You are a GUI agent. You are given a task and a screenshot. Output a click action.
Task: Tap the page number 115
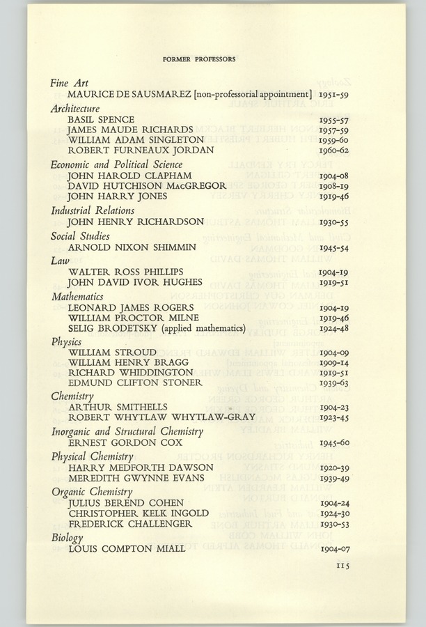[x=341, y=566]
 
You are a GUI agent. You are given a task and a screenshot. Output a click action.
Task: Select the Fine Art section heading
[x=69, y=83]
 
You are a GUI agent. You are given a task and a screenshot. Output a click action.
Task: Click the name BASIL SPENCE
[x=101, y=119]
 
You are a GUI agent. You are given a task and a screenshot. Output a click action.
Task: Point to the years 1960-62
[x=334, y=150]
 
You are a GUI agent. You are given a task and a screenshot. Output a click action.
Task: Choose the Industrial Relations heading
[x=90, y=210]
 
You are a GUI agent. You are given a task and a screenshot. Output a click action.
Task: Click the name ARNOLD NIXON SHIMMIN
[x=132, y=247]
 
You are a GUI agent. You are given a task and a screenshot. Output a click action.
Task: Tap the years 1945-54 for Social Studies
[x=334, y=247]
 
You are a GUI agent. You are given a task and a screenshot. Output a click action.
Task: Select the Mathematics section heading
[x=77, y=296]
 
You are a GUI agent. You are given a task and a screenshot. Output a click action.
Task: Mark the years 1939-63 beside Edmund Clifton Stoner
[x=334, y=383]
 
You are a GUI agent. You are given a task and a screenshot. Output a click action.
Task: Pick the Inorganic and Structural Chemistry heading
[x=127, y=432]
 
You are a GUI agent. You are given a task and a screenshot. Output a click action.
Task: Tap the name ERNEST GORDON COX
[x=125, y=443]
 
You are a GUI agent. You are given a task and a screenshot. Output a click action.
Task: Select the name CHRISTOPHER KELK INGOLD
[x=139, y=513]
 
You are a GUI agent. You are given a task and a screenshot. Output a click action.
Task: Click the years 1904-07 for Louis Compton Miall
[x=334, y=549]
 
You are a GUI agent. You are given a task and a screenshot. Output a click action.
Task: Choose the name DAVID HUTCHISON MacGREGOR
[x=147, y=186]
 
